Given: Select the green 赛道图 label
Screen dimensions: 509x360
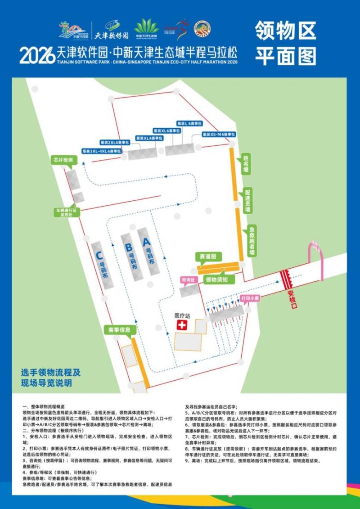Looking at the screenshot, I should point(208,256).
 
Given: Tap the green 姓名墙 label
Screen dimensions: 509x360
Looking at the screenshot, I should point(246,163).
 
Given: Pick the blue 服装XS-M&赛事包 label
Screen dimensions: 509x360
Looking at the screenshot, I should point(219,135).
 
